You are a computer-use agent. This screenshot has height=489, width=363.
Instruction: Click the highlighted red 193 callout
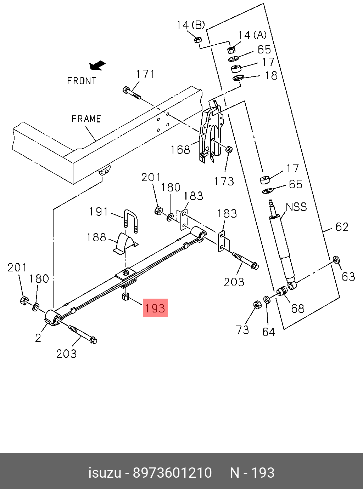coord(155,307)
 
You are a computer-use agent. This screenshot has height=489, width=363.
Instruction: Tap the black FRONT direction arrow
coord(97,65)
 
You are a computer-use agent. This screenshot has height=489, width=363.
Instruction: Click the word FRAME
coord(86,119)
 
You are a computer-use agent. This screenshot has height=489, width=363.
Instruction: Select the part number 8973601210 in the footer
coord(172,473)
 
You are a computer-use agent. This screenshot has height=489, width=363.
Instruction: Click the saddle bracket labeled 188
coord(125,243)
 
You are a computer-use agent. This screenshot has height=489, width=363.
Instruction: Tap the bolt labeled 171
coord(132,93)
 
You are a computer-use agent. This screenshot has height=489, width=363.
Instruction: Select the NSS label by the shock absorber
coord(296,207)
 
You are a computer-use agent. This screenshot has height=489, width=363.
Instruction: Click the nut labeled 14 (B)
coord(198,39)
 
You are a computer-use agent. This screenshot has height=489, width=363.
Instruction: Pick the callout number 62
coord(342,227)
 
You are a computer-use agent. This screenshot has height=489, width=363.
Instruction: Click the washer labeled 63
coord(336,260)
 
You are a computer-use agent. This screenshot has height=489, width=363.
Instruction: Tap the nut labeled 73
coord(257,305)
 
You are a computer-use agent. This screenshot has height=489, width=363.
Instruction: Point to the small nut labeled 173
coord(229,150)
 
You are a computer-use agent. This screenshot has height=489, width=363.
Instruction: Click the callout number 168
coord(180,150)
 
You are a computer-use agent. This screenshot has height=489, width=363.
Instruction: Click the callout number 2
coord(38,338)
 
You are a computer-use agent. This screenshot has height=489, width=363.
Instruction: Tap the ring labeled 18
coord(238,77)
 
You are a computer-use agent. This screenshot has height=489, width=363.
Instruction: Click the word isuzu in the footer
coord(105,473)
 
